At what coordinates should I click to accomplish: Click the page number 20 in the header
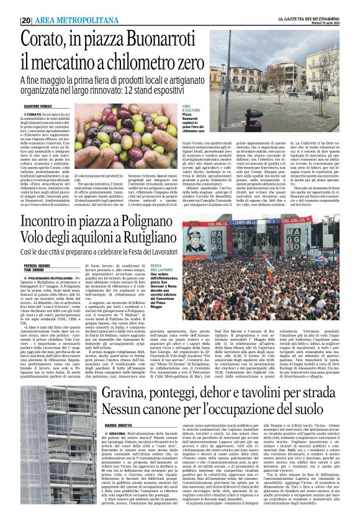[25, 20]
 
